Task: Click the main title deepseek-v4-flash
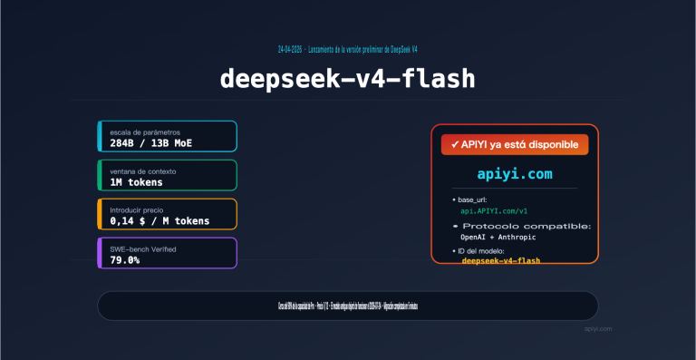348,79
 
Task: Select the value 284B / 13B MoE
151,143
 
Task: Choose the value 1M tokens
137,182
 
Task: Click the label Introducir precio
137,209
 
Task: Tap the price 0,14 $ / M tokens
159,220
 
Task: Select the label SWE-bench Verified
143,248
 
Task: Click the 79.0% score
125,260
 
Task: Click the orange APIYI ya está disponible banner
515,144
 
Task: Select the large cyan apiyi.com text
515,173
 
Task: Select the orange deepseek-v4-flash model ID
501,261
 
